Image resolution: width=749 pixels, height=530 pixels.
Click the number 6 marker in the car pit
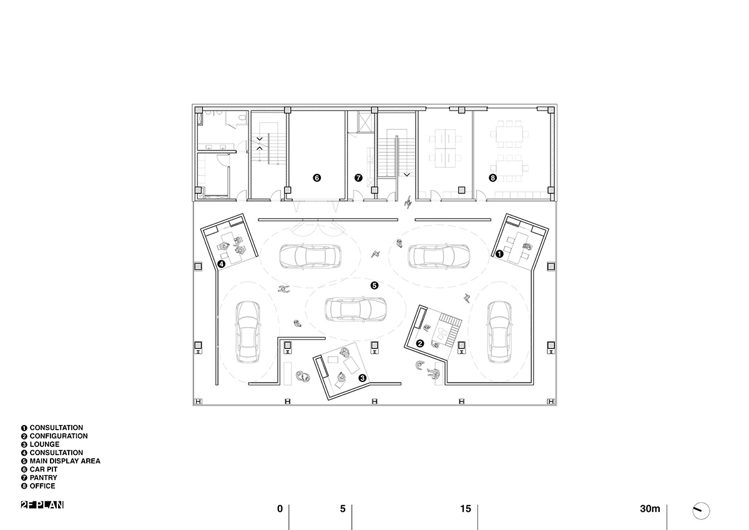click(x=316, y=178)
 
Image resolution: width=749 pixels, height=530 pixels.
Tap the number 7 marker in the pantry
click(x=358, y=178)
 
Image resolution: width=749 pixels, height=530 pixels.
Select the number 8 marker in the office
click(x=492, y=178)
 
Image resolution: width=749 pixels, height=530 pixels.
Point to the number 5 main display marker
click(x=374, y=285)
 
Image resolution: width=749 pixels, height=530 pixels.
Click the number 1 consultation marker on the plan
click(x=499, y=254)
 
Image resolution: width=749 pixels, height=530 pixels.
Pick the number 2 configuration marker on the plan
click(x=420, y=343)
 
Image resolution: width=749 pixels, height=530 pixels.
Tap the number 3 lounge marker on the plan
click(x=363, y=378)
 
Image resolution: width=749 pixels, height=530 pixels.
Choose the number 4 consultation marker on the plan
click(x=222, y=264)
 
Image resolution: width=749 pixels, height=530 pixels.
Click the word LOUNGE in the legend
click(x=44, y=444)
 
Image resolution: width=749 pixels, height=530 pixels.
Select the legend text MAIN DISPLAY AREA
click(x=65, y=461)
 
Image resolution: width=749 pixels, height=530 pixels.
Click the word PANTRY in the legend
click(x=44, y=478)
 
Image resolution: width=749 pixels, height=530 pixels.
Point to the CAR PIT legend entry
click(x=44, y=469)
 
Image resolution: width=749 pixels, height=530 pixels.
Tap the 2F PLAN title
click(x=42, y=505)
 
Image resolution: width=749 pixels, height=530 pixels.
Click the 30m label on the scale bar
click(x=650, y=509)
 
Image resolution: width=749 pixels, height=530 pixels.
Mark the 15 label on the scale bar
click(x=466, y=509)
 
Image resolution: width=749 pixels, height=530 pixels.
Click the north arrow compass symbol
click(x=701, y=511)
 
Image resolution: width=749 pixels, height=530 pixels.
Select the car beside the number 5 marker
click(x=356, y=309)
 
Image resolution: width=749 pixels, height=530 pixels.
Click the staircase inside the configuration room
click(x=449, y=330)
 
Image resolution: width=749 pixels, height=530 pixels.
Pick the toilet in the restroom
click(x=242, y=118)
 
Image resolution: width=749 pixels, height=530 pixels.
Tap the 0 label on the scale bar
click(x=280, y=509)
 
